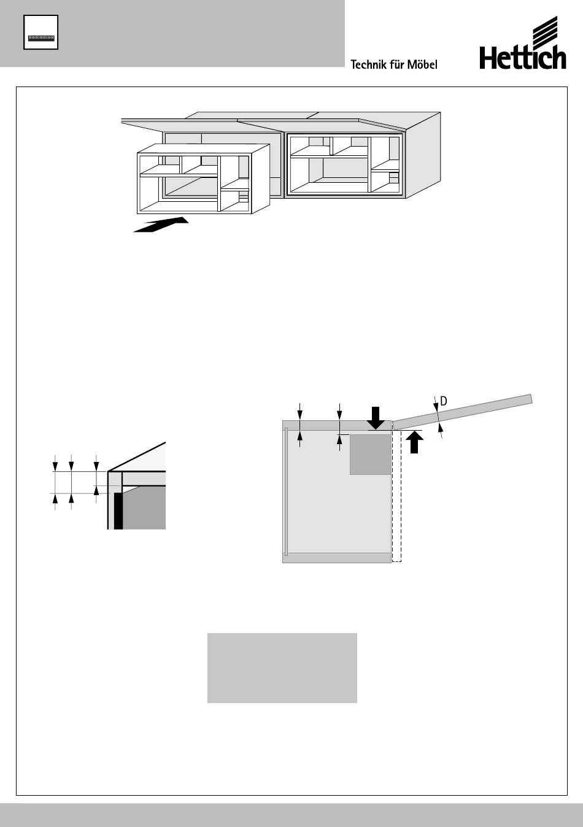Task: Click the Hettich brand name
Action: point(522,59)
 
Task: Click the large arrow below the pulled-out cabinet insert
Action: point(161,225)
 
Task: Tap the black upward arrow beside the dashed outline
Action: point(415,442)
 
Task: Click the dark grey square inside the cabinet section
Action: point(370,454)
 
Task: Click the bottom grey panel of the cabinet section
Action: point(336,558)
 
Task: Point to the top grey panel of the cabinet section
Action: point(336,425)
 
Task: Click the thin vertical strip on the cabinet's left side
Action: point(286,491)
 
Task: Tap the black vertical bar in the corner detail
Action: point(118,509)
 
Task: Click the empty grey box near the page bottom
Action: point(282,667)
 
